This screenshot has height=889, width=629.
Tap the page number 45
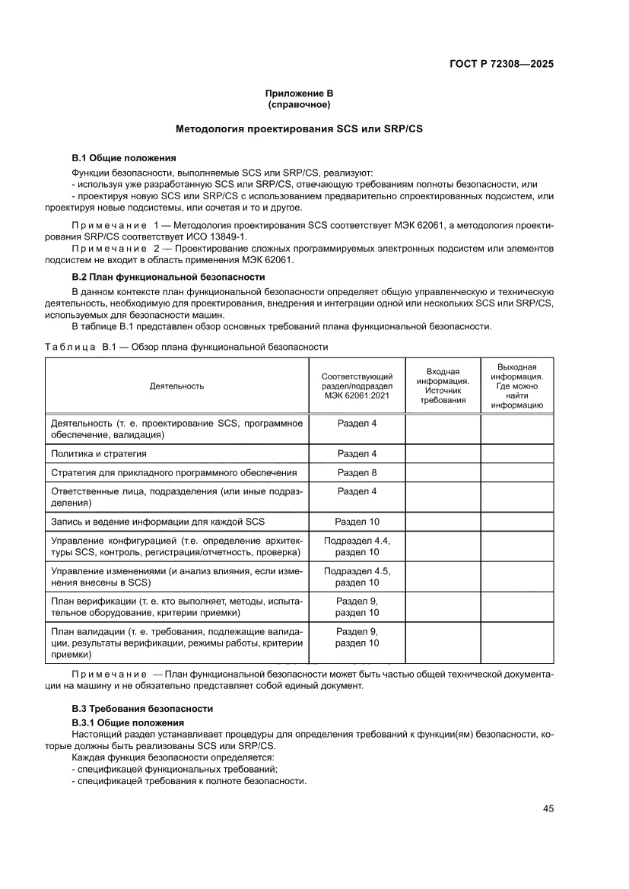click(x=548, y=808)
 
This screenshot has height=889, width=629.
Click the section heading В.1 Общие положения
click(x=123, y=158)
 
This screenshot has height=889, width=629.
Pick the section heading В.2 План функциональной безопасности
click(x=168, y=277)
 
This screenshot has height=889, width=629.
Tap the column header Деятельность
click(x=176, y=386)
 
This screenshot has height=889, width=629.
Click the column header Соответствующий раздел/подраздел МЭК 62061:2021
click(x=357, y=386)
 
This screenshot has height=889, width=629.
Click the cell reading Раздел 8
click(x=357, y=472)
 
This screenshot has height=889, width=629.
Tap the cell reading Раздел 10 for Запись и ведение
click(x=357, y=522)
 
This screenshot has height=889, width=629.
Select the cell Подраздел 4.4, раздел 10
click(x=357, y=546)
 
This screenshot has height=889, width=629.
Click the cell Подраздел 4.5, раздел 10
click(x=357, y=576)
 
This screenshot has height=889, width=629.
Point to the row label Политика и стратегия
click(x=98, y=454)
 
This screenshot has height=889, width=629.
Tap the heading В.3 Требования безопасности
click(x=132, y=708)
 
